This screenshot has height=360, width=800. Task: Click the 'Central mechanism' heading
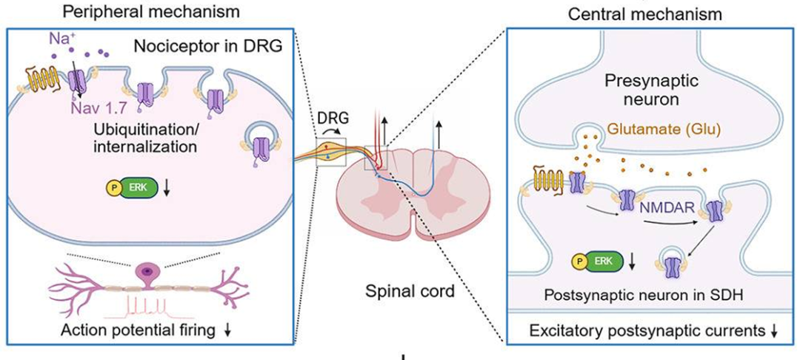[645, 14]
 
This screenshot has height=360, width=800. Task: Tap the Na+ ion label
[59, 39]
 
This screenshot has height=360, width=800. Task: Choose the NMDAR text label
[663, 208]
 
